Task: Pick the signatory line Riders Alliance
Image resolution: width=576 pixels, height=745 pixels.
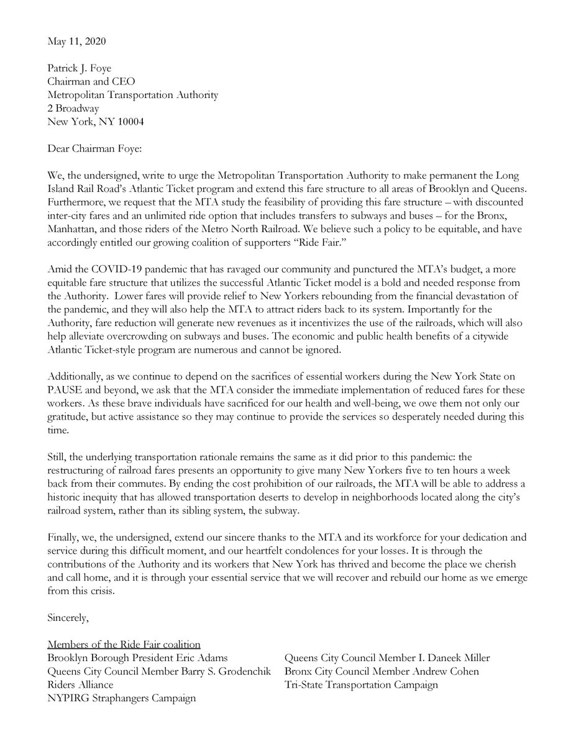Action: tap(80, 685)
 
